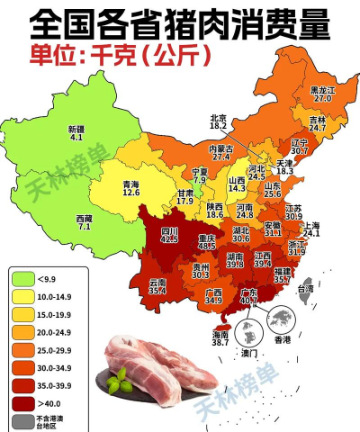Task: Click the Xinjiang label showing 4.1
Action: point(76,133)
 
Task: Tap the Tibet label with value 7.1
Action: point(84,222)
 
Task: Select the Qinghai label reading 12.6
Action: point(130,188)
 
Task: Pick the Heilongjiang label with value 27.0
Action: point(321,94)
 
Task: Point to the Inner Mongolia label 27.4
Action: point(221,153)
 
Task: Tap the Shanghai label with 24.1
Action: point(311,229)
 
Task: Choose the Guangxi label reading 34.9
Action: point(213,297)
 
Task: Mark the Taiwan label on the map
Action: point(306,289)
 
